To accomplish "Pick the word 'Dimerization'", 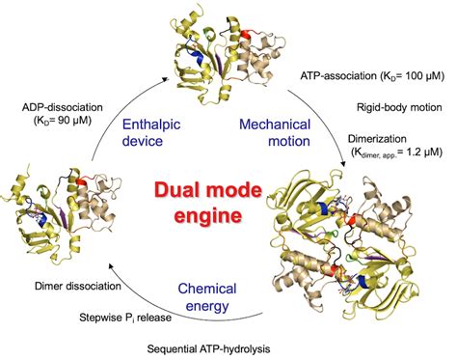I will pyautogui.click(x=387, y=138).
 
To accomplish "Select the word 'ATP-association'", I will pyautogui.click(x=339, y=74).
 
